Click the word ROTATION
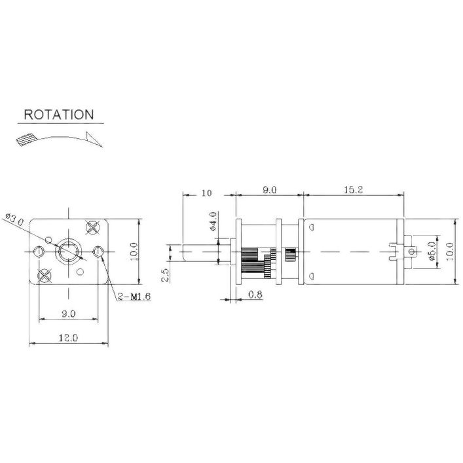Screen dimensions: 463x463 59,115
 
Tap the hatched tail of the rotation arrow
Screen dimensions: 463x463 26,139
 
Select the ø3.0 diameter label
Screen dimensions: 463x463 14,219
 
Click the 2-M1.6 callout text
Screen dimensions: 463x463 134,297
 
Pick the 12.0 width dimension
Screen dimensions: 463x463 68,337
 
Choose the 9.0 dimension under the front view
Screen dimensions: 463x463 69,314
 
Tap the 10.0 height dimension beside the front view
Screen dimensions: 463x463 134,251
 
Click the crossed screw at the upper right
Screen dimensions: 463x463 92,227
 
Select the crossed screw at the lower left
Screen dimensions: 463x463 45,275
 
